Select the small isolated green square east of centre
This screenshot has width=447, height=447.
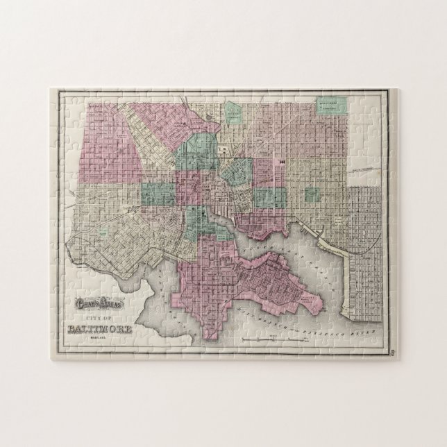pyautogui.click(x=312, y=194)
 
